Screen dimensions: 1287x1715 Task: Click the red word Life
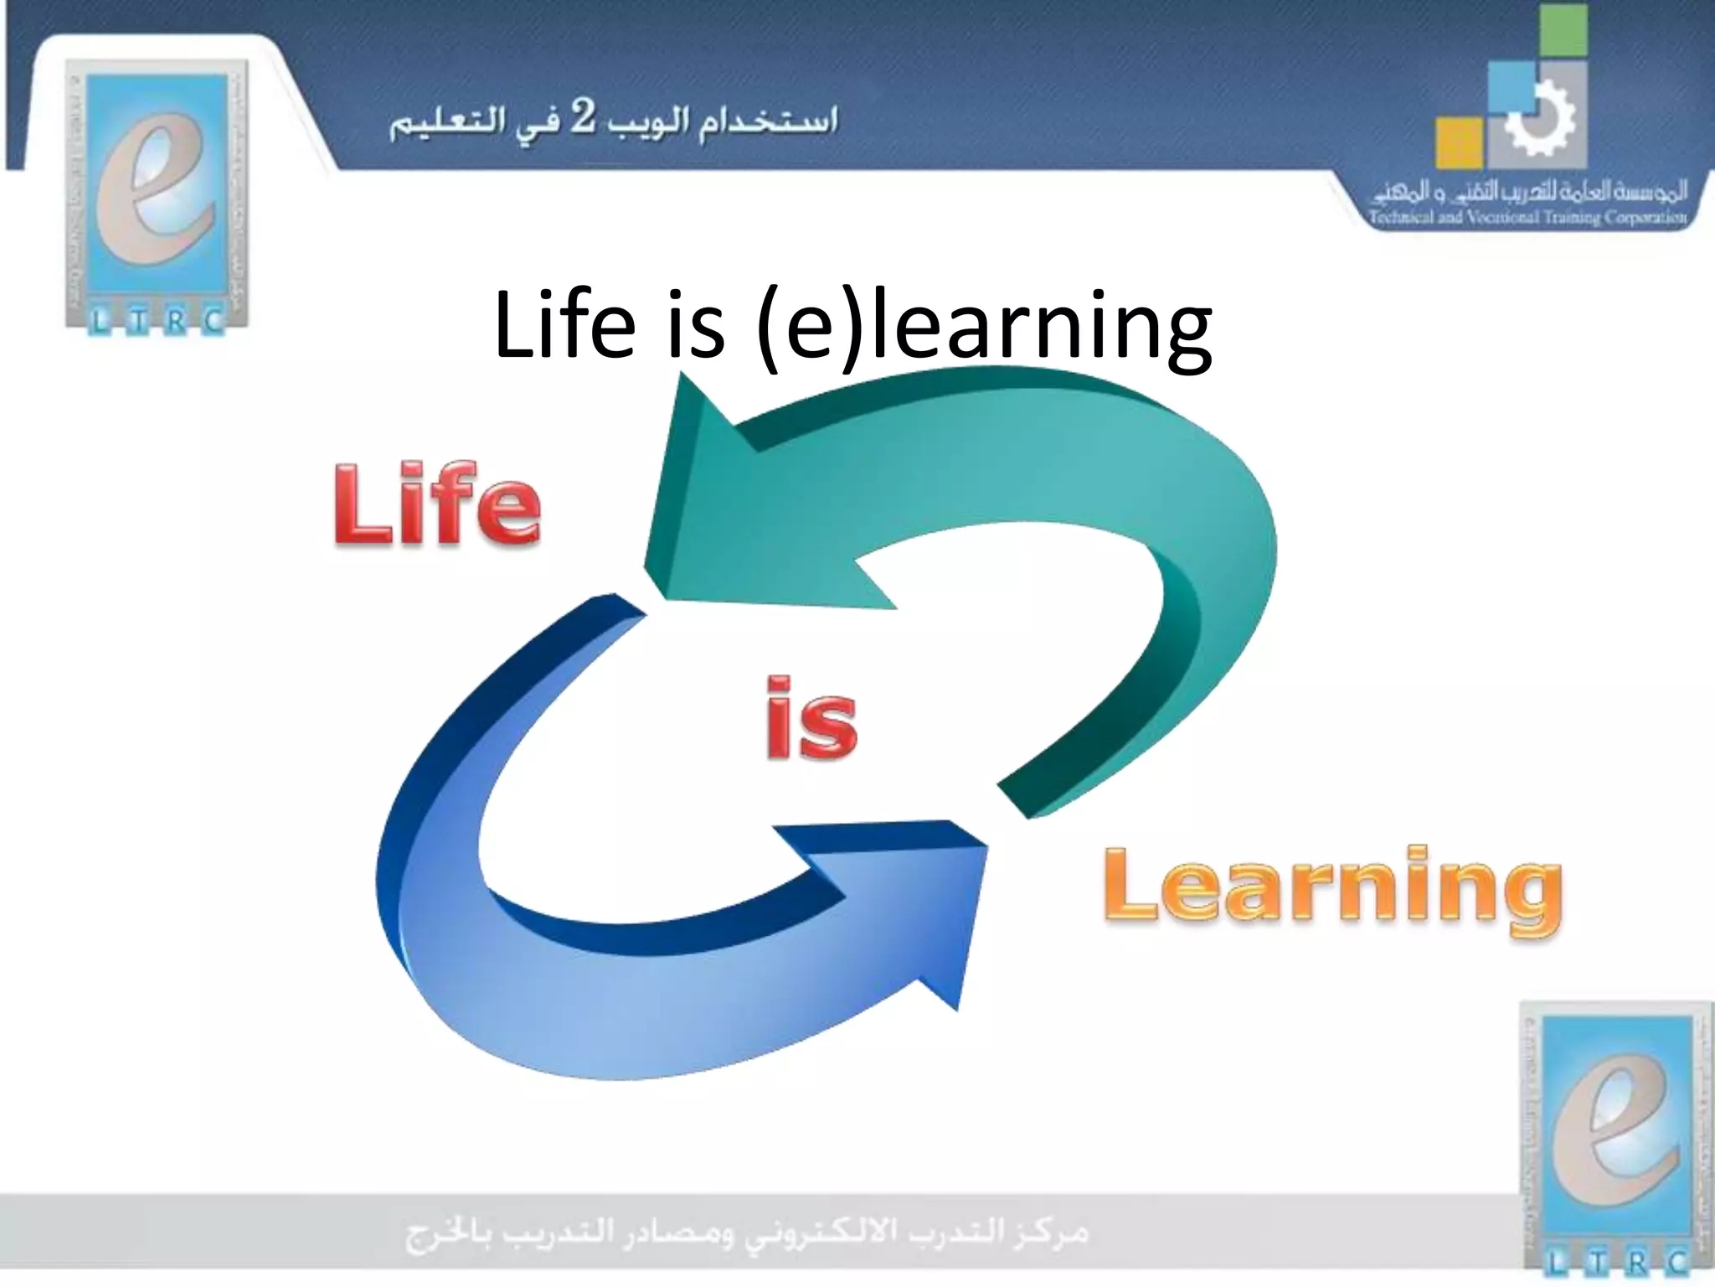coord(437,505)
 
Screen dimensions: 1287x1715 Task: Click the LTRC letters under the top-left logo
coord(157,321)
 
